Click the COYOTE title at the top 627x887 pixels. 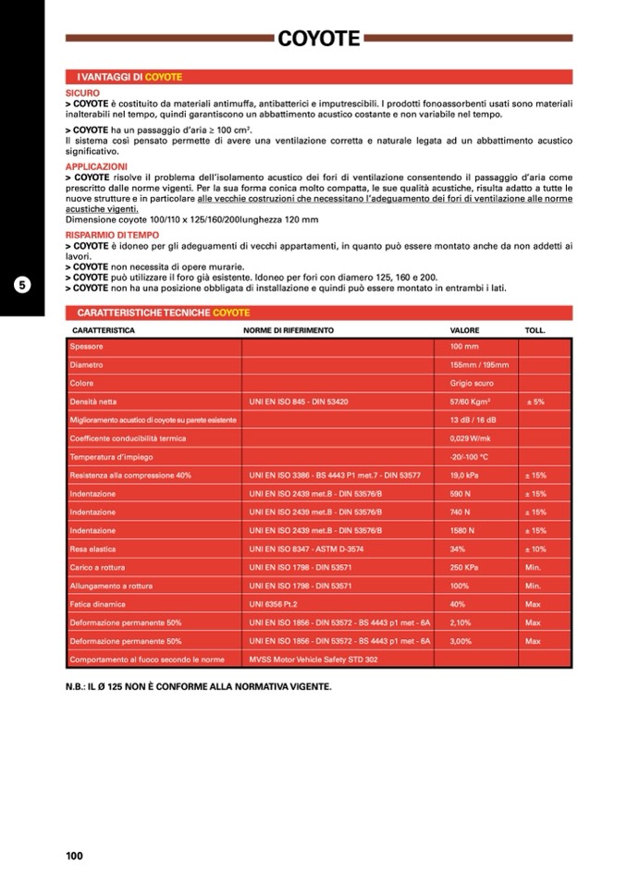coord(319,38)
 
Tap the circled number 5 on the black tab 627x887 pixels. coord(22,285)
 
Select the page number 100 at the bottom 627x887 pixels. coord(75,856)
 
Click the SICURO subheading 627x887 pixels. coord(82,93)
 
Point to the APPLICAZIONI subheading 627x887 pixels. coord(96,166)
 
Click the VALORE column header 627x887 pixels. coord(464,330)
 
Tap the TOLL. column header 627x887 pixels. coord(535,330)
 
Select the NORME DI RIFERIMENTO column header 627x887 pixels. coord(289,330)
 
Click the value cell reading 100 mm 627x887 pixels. coord(463,347)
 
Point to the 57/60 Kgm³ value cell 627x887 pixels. coord(470,401)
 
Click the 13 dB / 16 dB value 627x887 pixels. coord(472,420)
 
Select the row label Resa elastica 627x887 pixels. coord(92,549)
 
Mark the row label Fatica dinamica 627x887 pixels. coord(97,604)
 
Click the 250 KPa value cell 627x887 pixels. coord(463,567)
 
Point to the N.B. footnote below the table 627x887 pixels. coord(198,687)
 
